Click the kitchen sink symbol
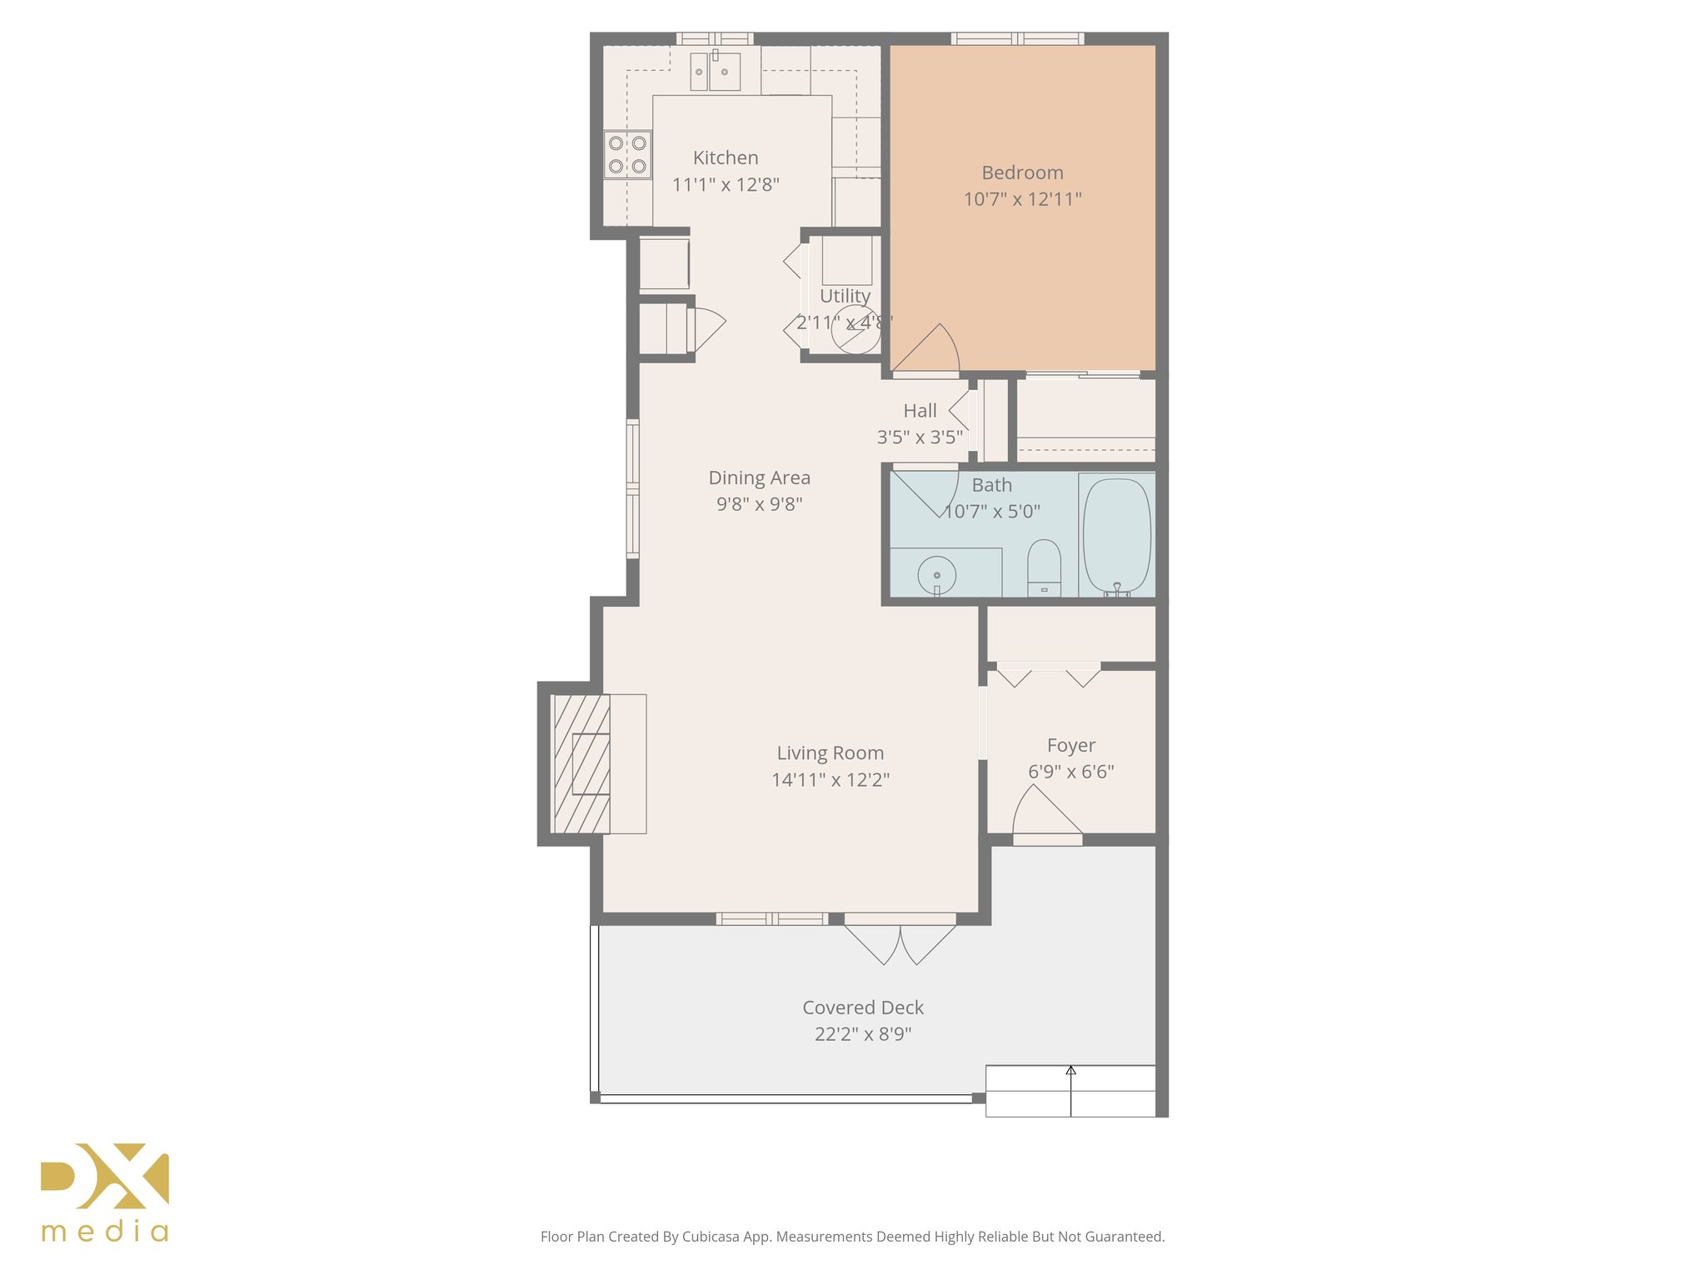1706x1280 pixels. pyautogui.click(x=715, y=72)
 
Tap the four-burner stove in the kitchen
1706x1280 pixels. pyautogui.click(x=627, y=155)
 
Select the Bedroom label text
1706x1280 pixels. pyautogui.click(x=1022, y=172)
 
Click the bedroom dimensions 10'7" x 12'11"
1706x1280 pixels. pyautogui.click(x=1022, y=199)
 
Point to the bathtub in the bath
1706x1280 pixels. pyautogui.click(x=1116, y=535)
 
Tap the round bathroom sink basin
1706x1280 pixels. pyautogui.click(x=937, y=574)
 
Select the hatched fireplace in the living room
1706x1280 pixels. pyautogui.click(x=581, y=763)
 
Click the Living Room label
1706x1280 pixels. pyautogui.click(x=830, y=753)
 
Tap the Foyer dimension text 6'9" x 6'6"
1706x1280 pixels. pyautogui.click(x=1070, y=772)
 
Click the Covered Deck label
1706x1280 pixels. pyautogui.click(x=863, y=1007)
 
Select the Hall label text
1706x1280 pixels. pyautogui.click(x=920, y=411)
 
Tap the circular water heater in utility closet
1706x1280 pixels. pyautogui.click(x=855, y=330)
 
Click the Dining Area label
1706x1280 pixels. pyautogui.click(x=759, y=477)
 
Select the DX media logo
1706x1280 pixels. pyautogui.click(x=105, y=1192)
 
